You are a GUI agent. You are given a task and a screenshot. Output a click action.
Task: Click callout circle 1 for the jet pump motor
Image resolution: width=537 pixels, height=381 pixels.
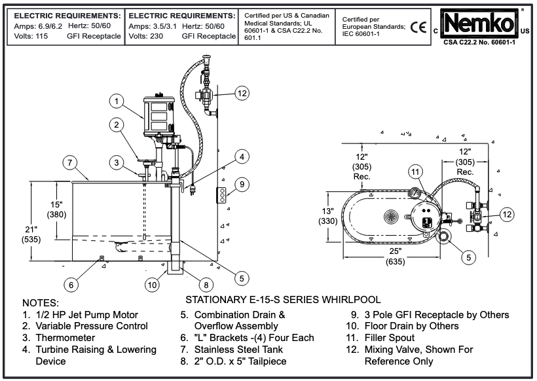click(x=115, y=101)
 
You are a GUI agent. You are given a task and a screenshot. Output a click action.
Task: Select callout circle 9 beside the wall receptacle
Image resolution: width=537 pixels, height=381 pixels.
click(x=242, y=185)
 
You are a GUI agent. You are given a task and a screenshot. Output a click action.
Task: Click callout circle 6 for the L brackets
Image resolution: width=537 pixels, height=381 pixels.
click(x=72, y=284)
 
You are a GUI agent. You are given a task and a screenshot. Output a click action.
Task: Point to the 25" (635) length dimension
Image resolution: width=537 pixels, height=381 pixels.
click(x=394, y=257)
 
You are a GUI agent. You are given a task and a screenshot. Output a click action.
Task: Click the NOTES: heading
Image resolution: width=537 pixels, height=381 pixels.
click(x=41, y=304)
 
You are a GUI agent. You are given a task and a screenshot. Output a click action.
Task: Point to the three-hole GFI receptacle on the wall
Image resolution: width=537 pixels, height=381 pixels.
click(x=221, y=195)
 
